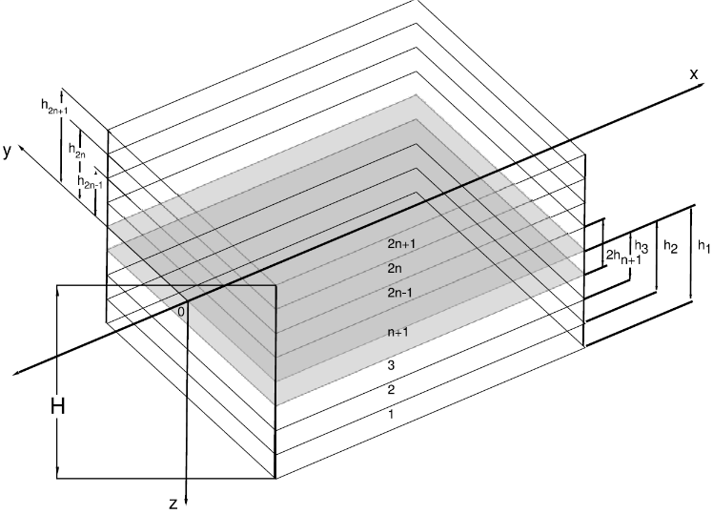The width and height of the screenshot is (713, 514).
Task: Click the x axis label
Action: pyautogui.click(x=693, y=74)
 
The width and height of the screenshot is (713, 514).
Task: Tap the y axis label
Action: pyautogui.click(x=7, y=151)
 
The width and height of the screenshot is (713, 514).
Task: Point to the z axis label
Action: pyautogui.click(x=173, y=504)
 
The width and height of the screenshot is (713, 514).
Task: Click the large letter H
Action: pyautogui.click(x=58, y=406)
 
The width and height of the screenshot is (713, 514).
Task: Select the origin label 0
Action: pyautogui.click(x=181, y=312)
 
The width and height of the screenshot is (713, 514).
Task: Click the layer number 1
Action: pyautogui.click(x=391, y=415)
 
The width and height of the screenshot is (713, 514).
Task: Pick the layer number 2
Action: pyautogui.click(x=391, y=390)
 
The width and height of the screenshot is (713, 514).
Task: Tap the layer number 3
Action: pyautogui.click(x=391, y=365)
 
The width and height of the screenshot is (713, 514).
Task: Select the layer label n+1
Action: pyautogui.click(x=397, y=332)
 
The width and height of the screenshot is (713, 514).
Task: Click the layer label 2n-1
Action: pyautogui.click(x=399, y=293)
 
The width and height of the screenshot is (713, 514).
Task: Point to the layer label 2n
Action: pyautogui.click(x=395, y=268)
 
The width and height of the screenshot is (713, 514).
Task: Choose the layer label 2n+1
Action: pyautogui.click(x=401, y=244)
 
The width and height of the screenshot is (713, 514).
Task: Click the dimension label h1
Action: pyautogui.click(x=703, y=246)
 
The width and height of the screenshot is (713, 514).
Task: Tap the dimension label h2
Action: pyautogui.click(x=671, y=247)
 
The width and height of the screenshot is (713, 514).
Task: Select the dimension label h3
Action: pyautogui.click(x=642, y=247)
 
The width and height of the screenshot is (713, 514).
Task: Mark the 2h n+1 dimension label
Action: pyautogui.click(x=623, y=257)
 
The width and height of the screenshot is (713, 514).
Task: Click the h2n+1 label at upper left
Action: pyautogui.click(x=54, y=107)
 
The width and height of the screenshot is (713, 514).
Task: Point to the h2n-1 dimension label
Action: pyautogui.click(x=90, y=182)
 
